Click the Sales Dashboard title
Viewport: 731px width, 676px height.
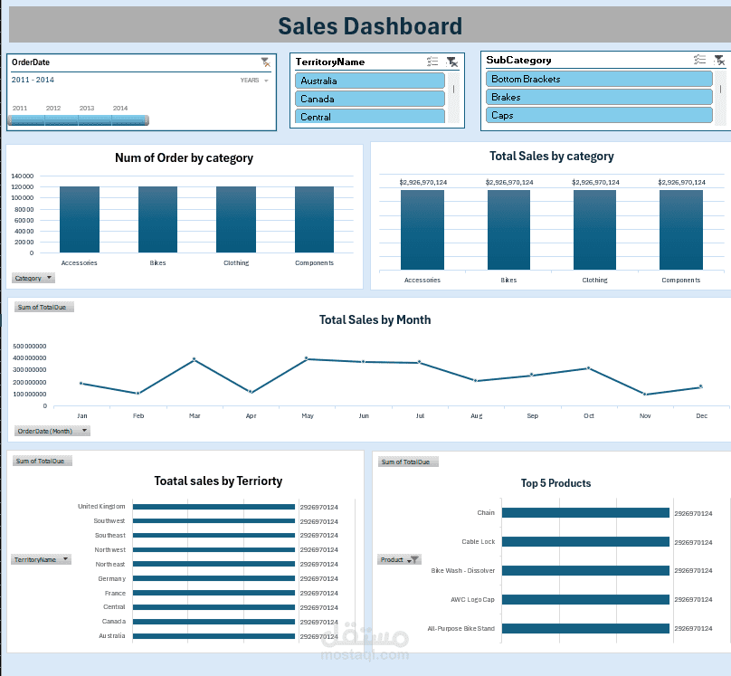click(x=369, y=27)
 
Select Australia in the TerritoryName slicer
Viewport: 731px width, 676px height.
click(x=369, y=81)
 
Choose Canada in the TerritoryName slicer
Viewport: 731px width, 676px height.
click(x=369, y=99)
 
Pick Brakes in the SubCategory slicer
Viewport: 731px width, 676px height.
click(x=599, y=97)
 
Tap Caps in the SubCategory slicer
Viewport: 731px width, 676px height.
click(x=599, y=115)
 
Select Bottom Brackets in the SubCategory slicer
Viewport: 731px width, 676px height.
click(x=599, y=79)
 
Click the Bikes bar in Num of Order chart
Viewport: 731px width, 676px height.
click(x=157, y=219)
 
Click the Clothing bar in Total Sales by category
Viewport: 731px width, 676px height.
click(x=594, y=229)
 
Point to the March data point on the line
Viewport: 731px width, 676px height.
click(x=194, y=359)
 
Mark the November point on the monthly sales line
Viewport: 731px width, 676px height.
click(x=645, y=395)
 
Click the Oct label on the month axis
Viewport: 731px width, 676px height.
click(x=589, y=416)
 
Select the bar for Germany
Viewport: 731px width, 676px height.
click(x=214, y=578)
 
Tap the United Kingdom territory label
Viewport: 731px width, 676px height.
click(x=101, y=507)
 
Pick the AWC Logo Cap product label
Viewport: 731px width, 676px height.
click(x=472, y=599)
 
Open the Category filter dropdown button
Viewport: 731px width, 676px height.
click(x=34, y=278)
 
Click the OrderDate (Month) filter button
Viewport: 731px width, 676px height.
click(x=52, y=431)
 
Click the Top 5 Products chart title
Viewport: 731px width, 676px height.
click(x=555, y=483)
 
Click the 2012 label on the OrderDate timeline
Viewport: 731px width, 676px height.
click(x=53, y=109)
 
